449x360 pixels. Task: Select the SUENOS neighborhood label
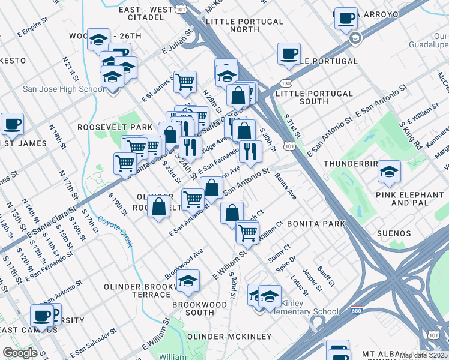pos(394,233)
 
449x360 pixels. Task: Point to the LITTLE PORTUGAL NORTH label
pos(244,25)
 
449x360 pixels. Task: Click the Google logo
pos(20,353)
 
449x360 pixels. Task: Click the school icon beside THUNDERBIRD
pos(389,171)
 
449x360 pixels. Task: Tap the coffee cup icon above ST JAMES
pos(12,124)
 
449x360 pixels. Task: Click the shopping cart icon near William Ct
pos(247,232)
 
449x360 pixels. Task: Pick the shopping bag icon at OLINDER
pos(159,207)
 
